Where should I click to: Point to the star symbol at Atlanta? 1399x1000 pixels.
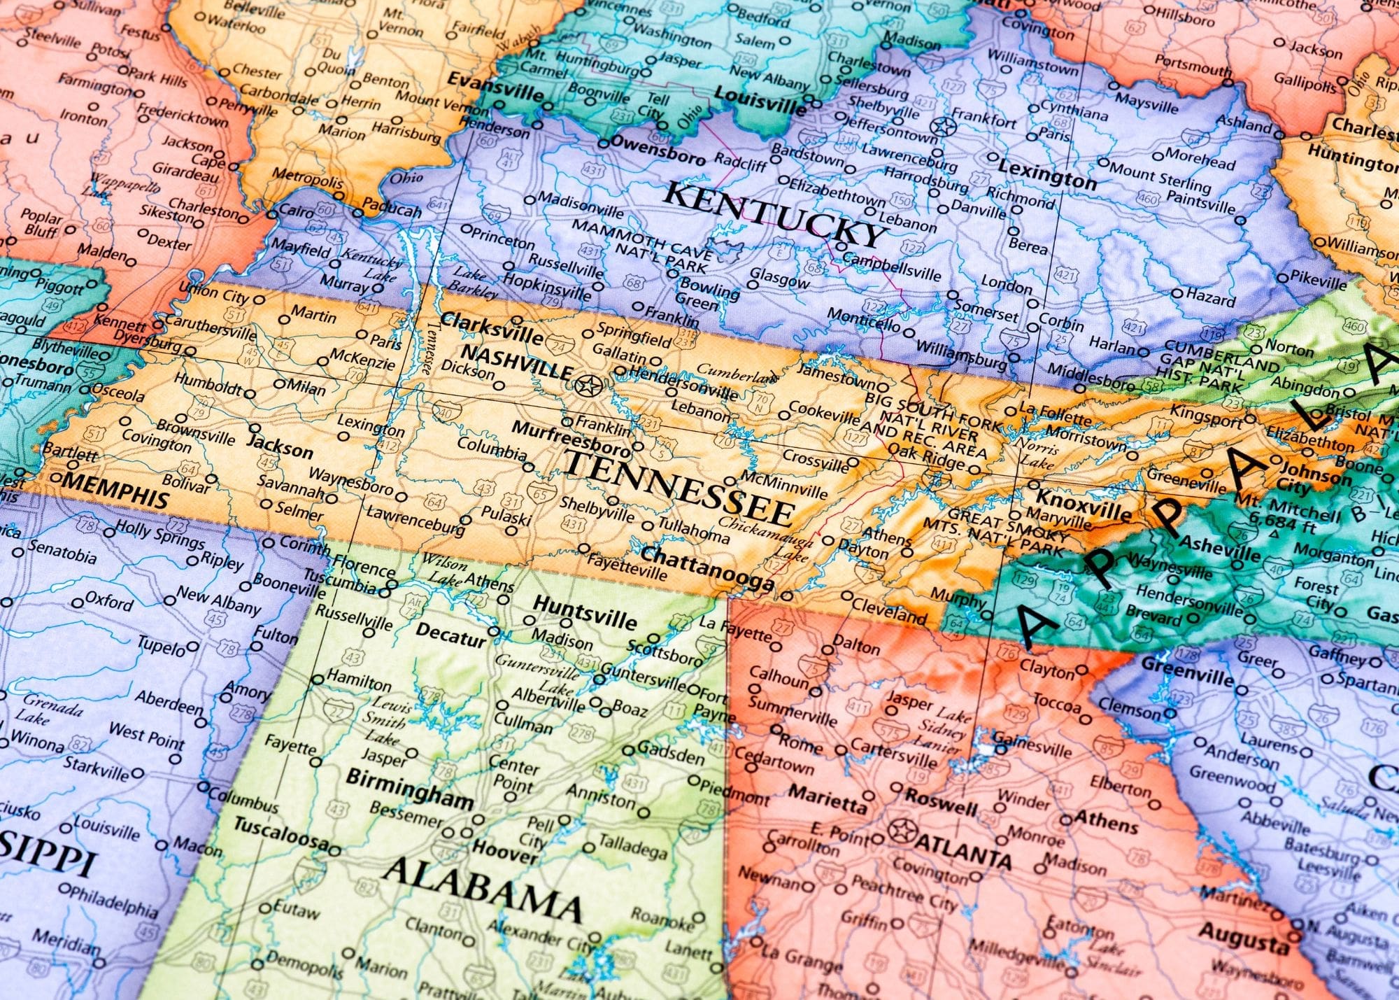[x=902, y=832]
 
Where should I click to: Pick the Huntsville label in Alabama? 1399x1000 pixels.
[x=585, y=612]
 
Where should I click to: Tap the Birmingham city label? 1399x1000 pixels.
[x=409, y=788]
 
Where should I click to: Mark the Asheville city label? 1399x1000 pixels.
[x=1220, y=548]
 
